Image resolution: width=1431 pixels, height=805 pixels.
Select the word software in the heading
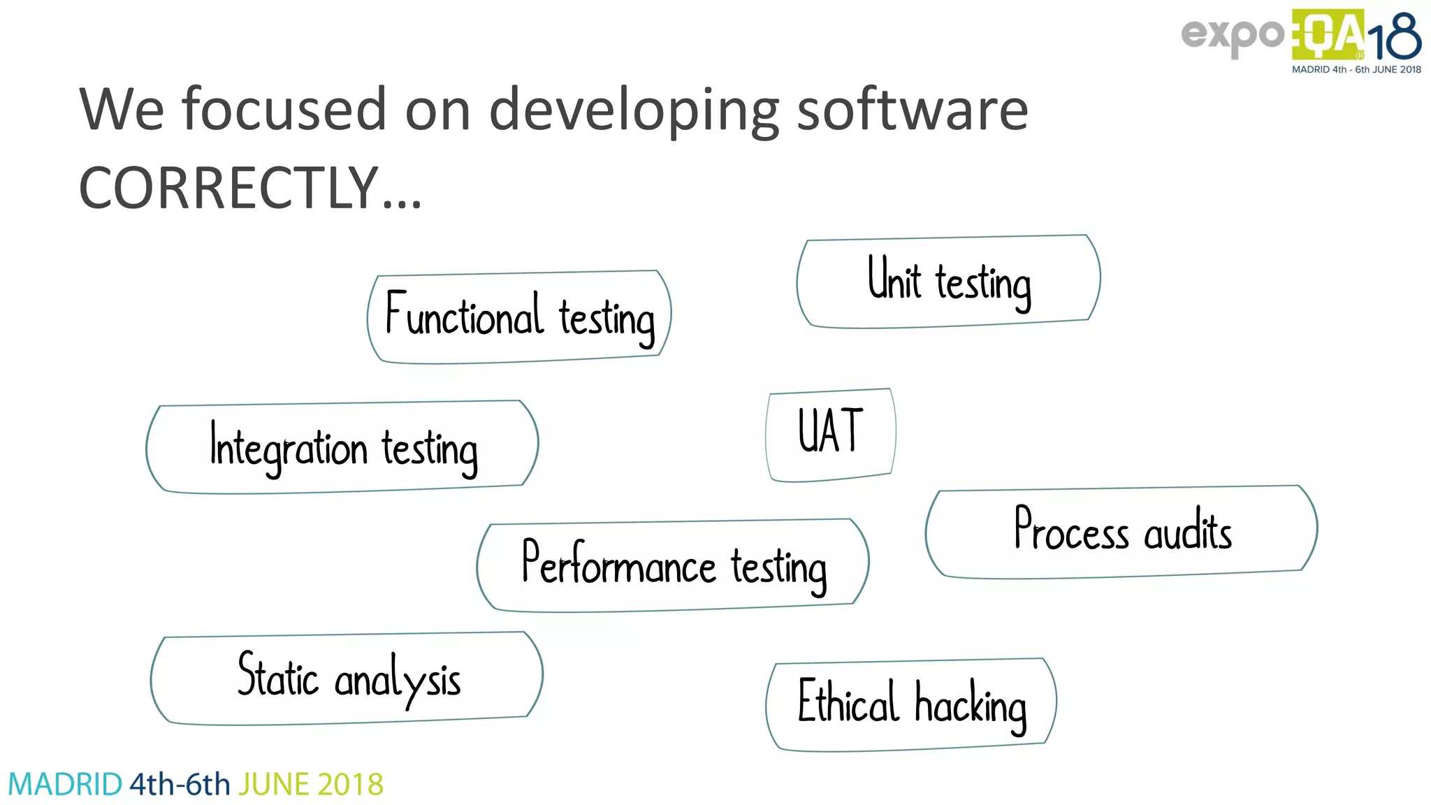912,110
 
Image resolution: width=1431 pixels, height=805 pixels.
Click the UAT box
830,434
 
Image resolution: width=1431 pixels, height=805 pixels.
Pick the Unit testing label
949,282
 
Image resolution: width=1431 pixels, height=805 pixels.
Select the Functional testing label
519,317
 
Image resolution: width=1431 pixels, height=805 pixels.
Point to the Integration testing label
342,447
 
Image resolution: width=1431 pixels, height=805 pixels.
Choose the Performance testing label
673,565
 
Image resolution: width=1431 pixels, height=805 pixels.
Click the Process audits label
1121,531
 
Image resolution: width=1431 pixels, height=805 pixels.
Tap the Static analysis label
347,678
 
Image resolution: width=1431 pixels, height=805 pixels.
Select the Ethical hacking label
911,704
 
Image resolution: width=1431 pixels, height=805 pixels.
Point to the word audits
1187,531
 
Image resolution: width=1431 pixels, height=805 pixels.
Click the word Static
277,675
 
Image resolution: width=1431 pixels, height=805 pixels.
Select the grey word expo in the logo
1232,35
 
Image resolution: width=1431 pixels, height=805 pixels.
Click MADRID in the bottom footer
65,784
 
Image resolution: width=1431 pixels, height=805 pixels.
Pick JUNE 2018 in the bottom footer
311,784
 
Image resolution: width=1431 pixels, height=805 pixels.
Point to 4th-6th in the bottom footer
180,784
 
